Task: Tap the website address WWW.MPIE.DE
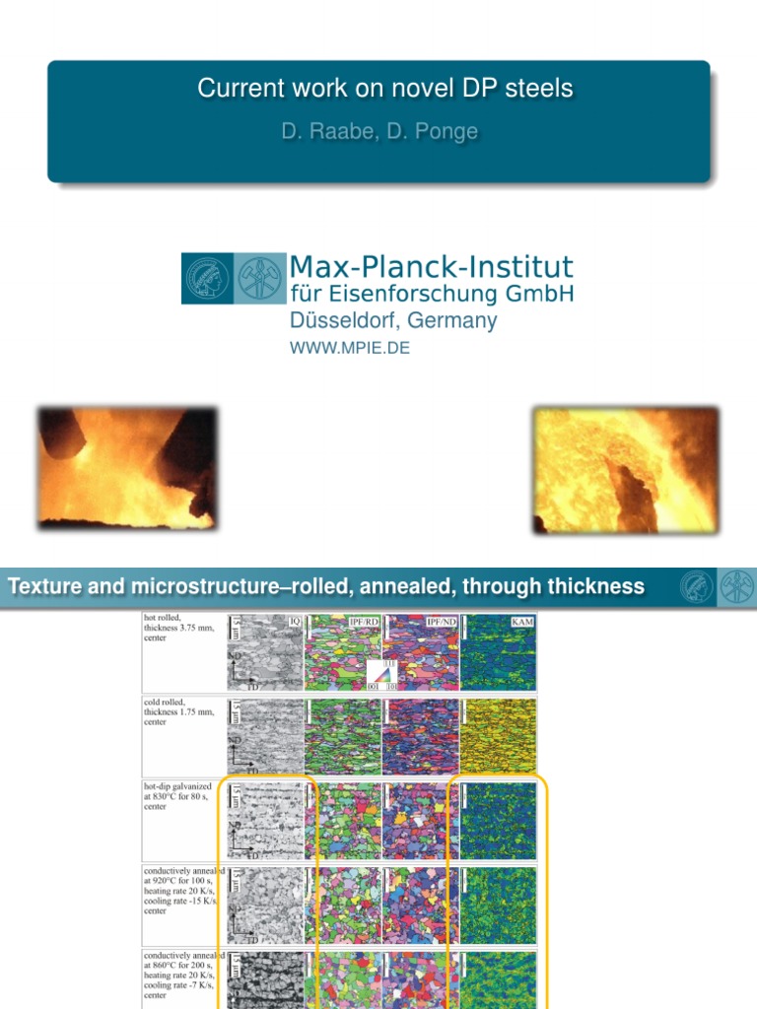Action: pos(349,348)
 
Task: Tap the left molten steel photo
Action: pos(127,469)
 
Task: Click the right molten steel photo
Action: pos(626,470)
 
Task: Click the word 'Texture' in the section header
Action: pos(45,587)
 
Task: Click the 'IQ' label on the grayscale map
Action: pos(295,621)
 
